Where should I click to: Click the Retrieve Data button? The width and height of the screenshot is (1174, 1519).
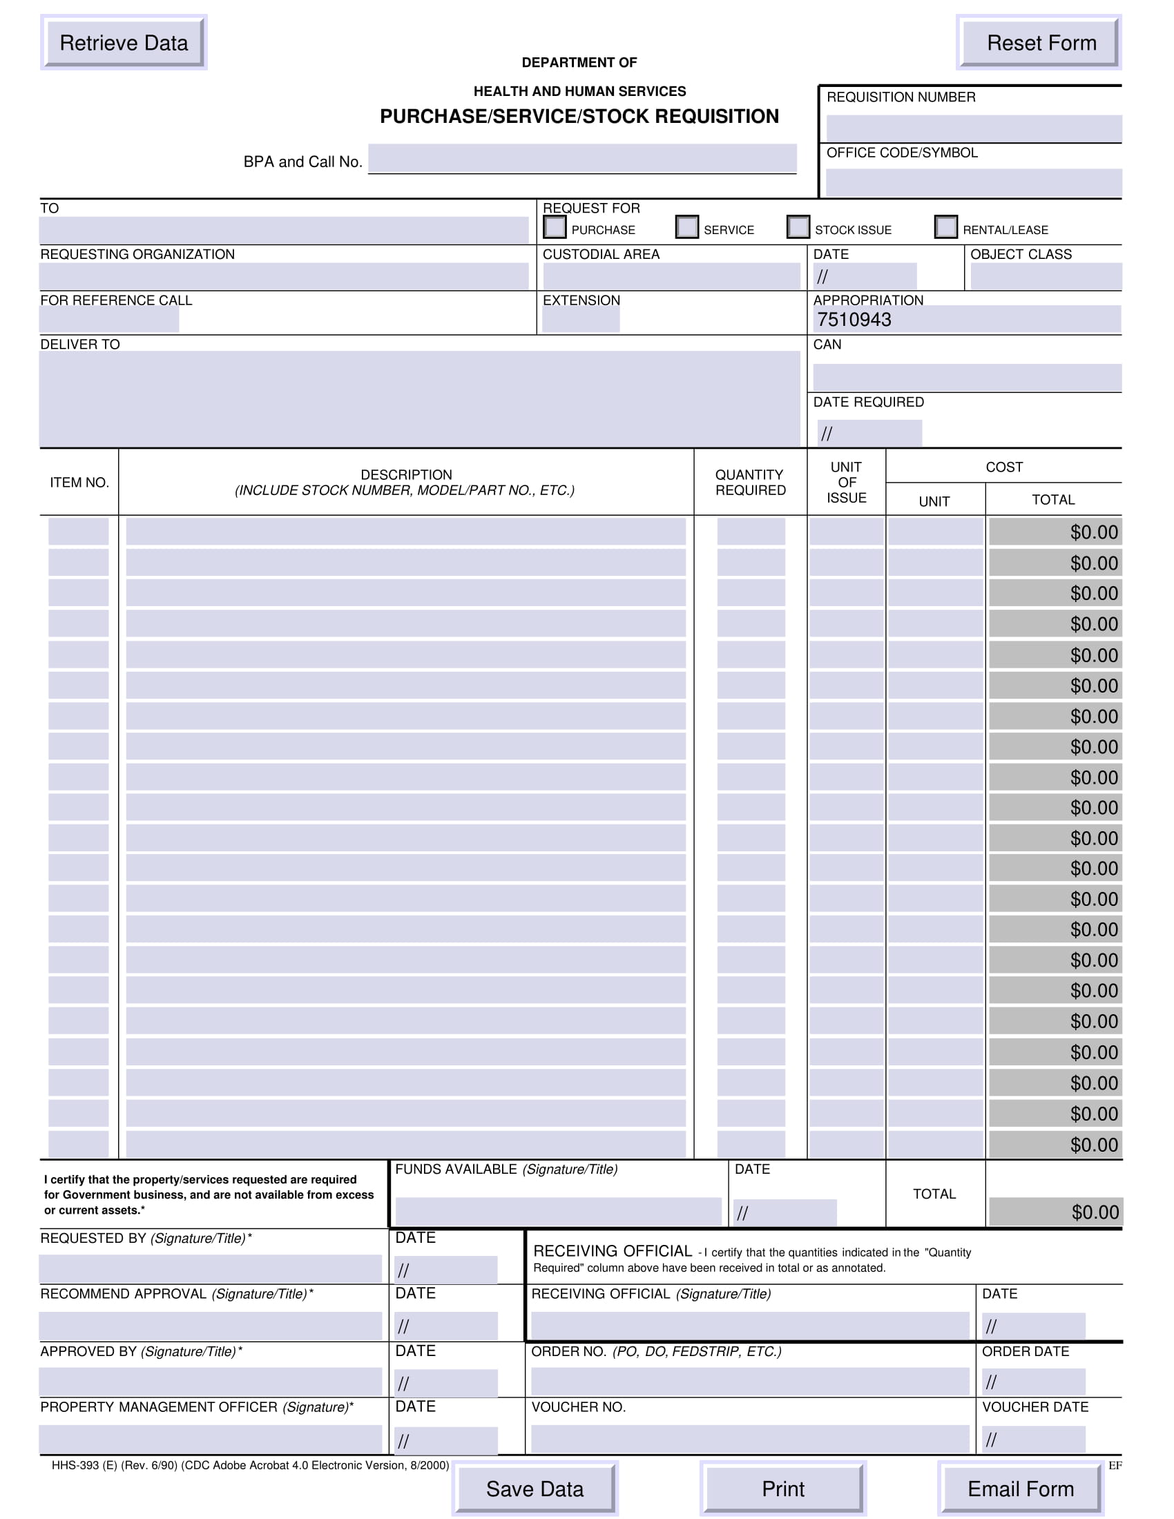124,43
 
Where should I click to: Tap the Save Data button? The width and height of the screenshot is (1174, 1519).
534,1489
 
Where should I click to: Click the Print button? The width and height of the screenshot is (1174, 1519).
782,1489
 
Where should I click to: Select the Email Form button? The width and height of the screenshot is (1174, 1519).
1020,1489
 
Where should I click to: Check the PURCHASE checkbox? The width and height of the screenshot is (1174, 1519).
555,227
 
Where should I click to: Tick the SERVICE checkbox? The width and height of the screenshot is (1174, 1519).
687,227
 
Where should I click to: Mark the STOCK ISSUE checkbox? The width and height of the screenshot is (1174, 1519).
798,227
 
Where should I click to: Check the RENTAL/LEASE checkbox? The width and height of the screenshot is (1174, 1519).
946,227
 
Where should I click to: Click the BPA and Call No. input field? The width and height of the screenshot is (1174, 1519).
582,159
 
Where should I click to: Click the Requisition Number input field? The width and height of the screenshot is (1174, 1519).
973,128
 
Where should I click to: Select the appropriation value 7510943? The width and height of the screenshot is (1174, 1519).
854,320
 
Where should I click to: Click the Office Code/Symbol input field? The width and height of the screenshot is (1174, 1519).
973,182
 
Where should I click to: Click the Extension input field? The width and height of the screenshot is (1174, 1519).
581,319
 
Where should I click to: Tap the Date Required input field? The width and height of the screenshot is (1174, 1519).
869,433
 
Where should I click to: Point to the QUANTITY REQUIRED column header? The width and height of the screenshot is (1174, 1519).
751,482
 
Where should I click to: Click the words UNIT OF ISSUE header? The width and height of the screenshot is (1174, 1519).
847,482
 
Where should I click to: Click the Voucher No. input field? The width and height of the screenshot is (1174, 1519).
750,1439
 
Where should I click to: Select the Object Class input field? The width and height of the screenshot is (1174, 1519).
1046,276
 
